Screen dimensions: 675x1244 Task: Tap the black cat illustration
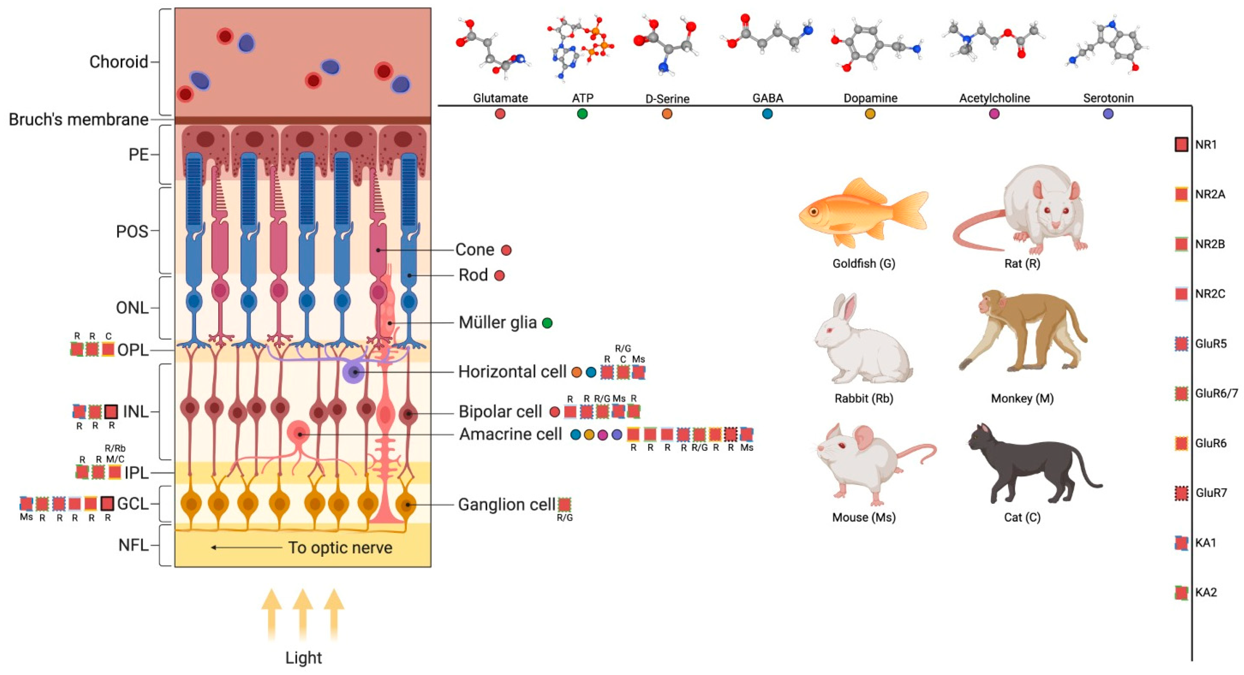tap(1029, 465)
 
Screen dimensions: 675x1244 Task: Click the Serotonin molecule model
tap(1108, 46)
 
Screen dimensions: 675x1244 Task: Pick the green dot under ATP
tap(582, 114)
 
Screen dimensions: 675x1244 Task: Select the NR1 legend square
tap(1181, 144)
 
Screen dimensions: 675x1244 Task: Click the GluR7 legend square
tap(1181, 493)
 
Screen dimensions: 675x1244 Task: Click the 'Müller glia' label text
tap(497, 322)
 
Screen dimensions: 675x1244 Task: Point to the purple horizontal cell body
tap(354, 372)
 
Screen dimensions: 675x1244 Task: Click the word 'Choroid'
tap(118, 62)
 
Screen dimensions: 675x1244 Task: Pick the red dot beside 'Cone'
tap(506, 250)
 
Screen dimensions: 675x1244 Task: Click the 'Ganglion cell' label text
tap(506, 505)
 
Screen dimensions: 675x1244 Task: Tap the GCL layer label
tap(132, 504)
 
